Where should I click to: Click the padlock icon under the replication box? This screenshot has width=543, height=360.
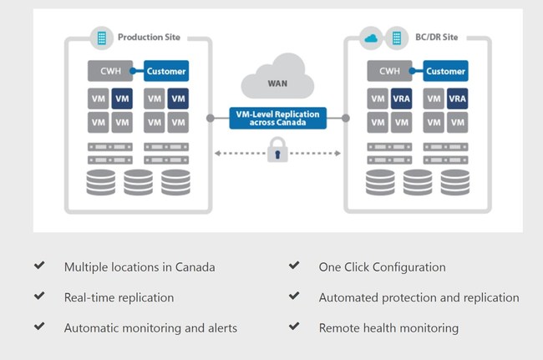tap(276, 154)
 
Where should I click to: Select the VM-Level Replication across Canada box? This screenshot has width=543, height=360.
tap(276, 118)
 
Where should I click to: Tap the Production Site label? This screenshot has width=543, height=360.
tap(148, 38)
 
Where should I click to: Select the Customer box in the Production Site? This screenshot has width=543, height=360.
tap(166, 71)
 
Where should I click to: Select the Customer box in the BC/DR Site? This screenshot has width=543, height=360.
tap(445, 71)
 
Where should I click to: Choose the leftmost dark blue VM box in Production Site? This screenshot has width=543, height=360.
tap(122, 99)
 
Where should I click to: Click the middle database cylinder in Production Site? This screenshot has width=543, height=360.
tap(139, 182)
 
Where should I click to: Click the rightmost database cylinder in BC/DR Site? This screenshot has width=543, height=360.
tap(454, 182)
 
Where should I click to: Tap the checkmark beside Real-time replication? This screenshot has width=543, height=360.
tap(38, 297)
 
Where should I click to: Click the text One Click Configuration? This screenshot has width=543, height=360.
tap(382, 267)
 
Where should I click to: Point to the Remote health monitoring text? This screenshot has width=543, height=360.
tap(388, 328)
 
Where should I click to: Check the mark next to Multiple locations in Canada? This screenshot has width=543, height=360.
tap(38, 266)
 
